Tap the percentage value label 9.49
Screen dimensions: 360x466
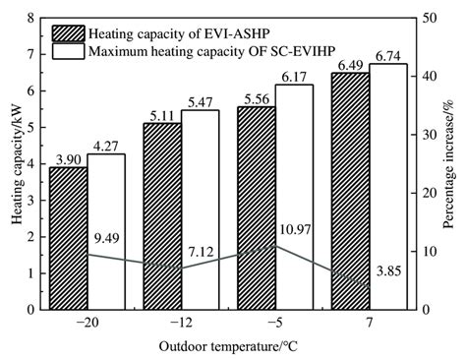point(108,237)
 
